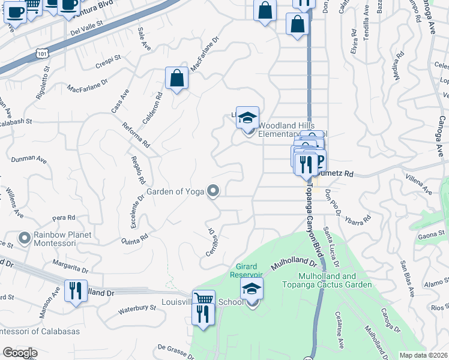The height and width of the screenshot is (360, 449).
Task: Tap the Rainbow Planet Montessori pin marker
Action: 25,238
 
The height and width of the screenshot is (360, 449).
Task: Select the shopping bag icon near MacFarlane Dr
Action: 177,79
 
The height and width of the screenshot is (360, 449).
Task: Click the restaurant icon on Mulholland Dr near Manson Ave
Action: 76,292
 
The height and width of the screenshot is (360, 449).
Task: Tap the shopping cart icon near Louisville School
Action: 204,300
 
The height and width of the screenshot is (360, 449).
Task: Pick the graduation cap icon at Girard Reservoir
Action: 252,289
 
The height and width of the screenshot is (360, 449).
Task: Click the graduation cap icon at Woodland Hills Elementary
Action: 247,118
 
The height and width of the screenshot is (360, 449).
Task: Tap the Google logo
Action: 20,353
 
